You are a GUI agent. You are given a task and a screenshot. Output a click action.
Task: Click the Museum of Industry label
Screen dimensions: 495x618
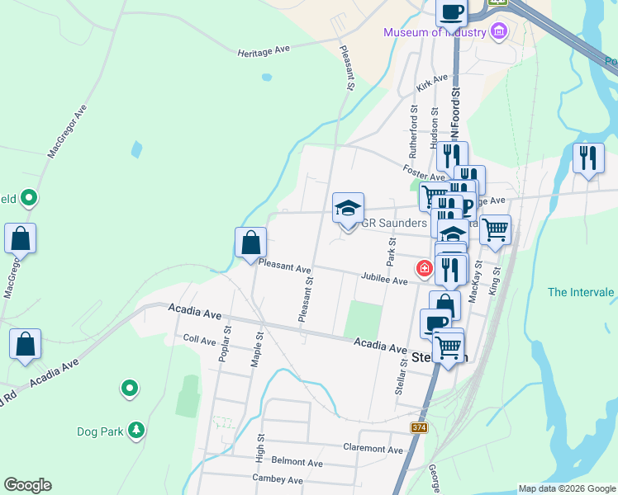pos(433,33)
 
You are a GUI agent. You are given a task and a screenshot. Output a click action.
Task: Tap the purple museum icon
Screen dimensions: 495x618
pos(498,32)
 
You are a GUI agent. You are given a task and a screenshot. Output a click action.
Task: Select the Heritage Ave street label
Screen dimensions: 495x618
pos(264,50)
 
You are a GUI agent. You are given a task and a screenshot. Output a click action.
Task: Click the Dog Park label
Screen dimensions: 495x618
pos(99,431)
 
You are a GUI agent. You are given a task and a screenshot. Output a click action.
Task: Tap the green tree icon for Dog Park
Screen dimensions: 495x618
pos(137,430)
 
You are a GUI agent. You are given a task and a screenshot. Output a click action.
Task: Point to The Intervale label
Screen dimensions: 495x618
pos(582,292)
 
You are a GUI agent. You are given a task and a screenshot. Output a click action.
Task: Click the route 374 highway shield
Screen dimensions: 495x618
pos(419,427)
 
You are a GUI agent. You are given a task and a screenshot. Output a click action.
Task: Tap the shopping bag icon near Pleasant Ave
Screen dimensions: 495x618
pos(250,243)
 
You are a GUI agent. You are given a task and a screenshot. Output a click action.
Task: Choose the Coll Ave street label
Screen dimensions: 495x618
pos(199,339)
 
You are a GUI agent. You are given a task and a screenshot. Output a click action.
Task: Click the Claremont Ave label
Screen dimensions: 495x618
pos(373,449)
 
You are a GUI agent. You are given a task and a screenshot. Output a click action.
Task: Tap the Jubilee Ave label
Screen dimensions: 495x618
pos(383,280)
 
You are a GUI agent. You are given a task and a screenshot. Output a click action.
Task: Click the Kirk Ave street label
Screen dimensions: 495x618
pos(431,82)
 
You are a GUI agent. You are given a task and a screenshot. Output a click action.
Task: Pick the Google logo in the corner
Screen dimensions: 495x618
pos(27,485)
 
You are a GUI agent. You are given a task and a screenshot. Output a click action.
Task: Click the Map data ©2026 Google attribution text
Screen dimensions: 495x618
pos(566,488)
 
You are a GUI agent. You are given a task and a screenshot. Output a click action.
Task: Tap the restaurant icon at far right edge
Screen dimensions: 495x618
pos(587,157)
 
